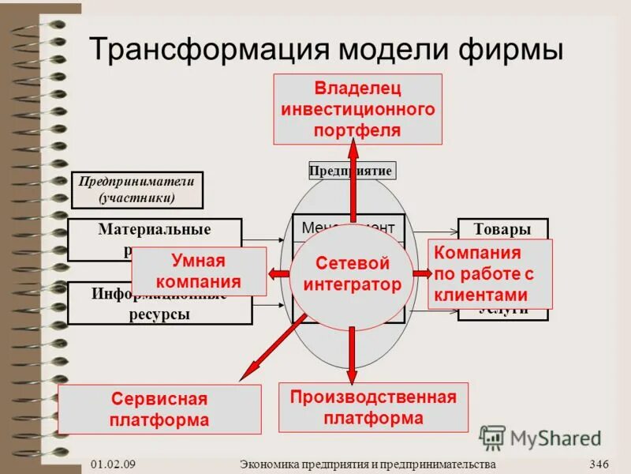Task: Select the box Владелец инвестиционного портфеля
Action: [357, 109]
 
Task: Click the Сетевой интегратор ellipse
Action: [353, 273]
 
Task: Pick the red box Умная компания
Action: [198, 272]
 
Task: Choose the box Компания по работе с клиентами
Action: [489, 274]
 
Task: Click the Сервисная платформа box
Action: [159, 408]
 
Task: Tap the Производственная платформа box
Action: [373, 407]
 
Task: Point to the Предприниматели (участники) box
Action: [136, 190]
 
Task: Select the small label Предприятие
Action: [350, 171]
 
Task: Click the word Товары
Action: [502, 230]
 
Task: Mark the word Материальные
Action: [155, 230]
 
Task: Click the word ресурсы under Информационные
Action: [159, 314]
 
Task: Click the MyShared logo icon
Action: [492, 438]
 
